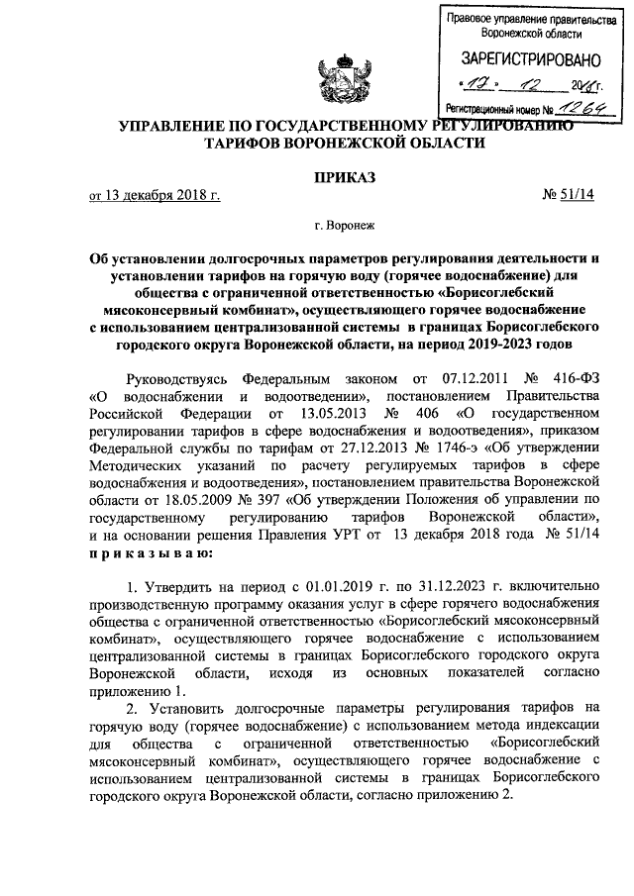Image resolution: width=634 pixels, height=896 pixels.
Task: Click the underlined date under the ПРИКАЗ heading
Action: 156,195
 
